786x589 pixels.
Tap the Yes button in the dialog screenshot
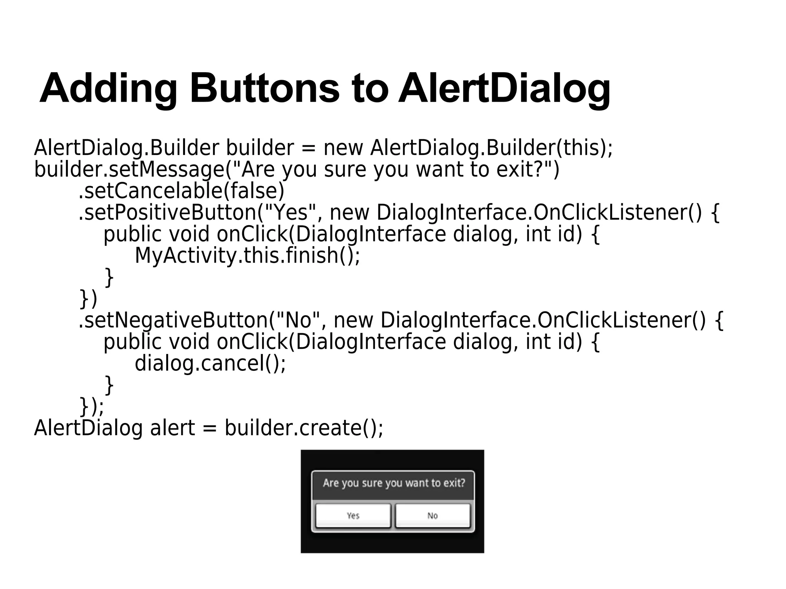click(x=353, y=516)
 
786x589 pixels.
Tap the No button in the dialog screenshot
click(x=433, y=516)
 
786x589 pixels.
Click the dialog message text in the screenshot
click(x=394, y=483)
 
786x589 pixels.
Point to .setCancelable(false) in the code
click(x=181, y=191)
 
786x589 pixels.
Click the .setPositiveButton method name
click(x=167, y=212)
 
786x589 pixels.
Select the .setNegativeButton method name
click(x=173, y=320)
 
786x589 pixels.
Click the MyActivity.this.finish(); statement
click(x=248, y=256)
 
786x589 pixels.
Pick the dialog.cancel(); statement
click(x=210, y=363)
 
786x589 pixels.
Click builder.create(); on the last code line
click(x=304, y=428)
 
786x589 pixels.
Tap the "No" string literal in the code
click(x=298, y=320)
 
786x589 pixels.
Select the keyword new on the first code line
click(x=343, y=148)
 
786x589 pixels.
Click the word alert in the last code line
click(x=173, y=428)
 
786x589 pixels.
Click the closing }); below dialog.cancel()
click(x=91, y=406)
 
